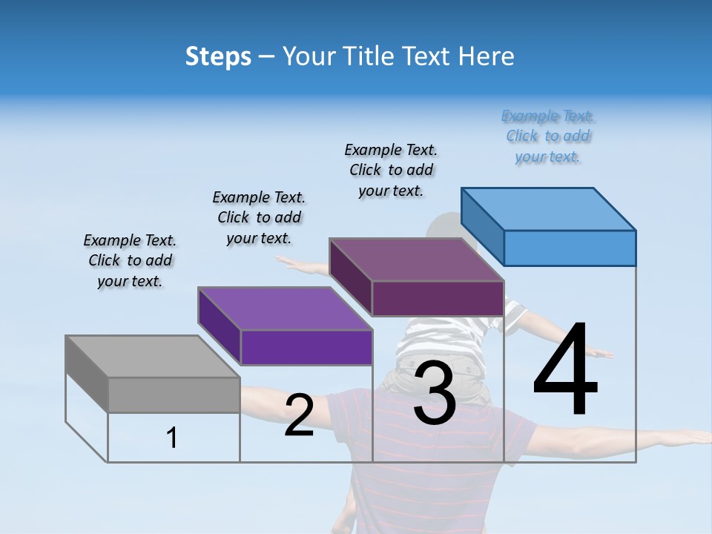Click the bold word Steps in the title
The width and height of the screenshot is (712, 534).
(218, 56)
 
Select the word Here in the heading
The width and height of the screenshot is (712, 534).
(487, 56)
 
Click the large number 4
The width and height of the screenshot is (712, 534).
(565, 371)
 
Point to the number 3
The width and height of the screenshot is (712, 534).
(434, 393)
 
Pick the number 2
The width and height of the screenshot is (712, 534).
(299, 415)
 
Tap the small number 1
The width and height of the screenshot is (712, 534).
(172, 438)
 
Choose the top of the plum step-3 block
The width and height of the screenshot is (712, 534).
(416, 260)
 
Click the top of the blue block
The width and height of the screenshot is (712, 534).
(549, 208)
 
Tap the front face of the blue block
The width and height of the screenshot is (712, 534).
(570, 248)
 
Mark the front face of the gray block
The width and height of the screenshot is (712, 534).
(174, 395)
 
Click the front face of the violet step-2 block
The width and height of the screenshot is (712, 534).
(306, 347)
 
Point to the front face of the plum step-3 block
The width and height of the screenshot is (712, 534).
(438, 298)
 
